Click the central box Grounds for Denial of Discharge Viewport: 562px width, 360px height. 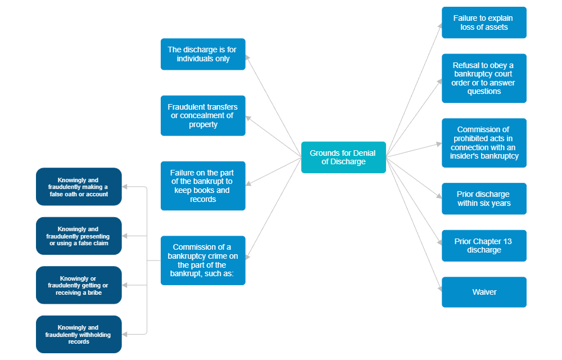[343, 157]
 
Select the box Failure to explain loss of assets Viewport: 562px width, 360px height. [484, 22]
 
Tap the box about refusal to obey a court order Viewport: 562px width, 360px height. [484, 78]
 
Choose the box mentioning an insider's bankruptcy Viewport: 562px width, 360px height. [484, 143]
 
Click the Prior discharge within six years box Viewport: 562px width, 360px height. [484, 199]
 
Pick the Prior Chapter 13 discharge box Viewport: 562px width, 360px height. [484, 245]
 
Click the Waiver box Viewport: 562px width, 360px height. [484, 292]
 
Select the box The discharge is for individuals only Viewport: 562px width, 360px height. [203, 54]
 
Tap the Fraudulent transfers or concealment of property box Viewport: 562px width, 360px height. [203, 115]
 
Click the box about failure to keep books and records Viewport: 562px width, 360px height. [203, 186]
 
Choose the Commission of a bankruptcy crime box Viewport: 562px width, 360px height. [203, 260]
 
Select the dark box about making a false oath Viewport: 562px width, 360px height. [79, 187]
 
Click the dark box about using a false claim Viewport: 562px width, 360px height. [79, 236]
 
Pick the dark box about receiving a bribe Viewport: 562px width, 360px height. [79, 285]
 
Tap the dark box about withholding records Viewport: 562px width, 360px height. [79, 334]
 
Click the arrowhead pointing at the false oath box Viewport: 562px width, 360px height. [125, 187]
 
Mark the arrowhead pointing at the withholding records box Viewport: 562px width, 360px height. [125, 334]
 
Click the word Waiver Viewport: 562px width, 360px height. [484, 292]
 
